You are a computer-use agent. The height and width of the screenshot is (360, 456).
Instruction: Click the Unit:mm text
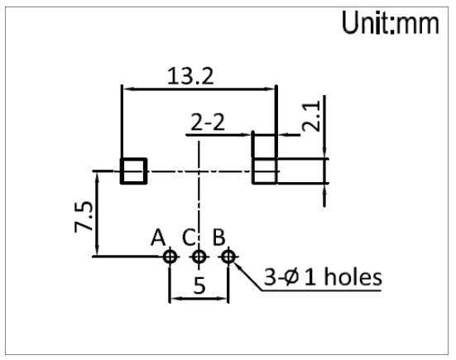(x=391, y=22)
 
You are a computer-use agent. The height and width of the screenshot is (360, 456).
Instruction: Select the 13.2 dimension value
(x=190, y=76)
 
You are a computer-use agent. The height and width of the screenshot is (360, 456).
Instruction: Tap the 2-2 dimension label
(x=208, y=122)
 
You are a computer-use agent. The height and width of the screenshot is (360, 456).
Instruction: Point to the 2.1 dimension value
(x=311, y=116)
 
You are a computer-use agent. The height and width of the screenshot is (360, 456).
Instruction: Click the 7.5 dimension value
(x=84, y=217)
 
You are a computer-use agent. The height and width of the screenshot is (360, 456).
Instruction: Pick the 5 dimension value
(x=199, y=286)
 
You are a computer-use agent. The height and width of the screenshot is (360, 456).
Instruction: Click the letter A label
(x=158, y=238)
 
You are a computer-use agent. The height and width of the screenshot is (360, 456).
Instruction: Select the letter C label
(x=188, y=238)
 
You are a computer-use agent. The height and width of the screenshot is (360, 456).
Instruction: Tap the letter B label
(x=219, y=238)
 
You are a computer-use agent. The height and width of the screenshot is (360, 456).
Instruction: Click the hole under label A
(x=170, y=257)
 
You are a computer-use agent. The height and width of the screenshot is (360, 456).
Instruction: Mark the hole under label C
(x=199, y=257)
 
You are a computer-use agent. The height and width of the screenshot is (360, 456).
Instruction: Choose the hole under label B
(x=228, y=257)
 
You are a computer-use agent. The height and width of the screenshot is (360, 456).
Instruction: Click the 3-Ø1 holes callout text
(x=323, y=277)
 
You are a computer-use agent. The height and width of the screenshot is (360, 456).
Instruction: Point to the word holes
(x=353, y=277)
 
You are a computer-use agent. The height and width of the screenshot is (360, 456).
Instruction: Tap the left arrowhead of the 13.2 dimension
(x=128, y=89)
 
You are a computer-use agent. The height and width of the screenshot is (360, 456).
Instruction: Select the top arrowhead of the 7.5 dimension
(x=97, y=177)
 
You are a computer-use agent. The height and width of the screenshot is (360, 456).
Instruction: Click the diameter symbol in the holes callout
(x=290, y=277)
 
